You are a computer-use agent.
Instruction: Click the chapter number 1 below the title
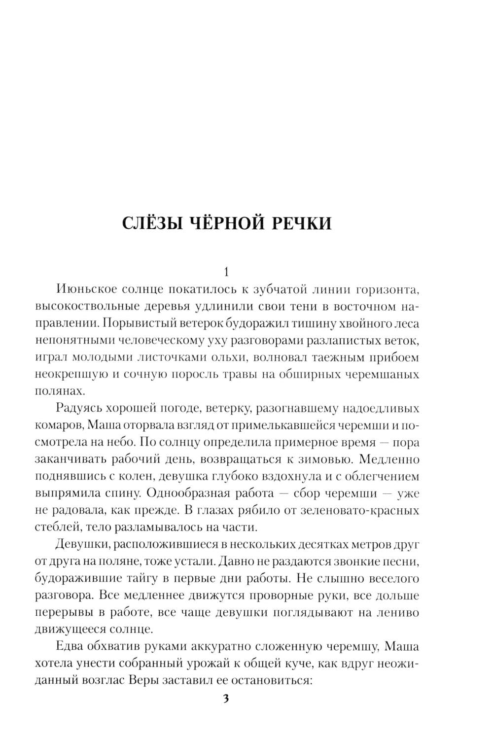(226, 272)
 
